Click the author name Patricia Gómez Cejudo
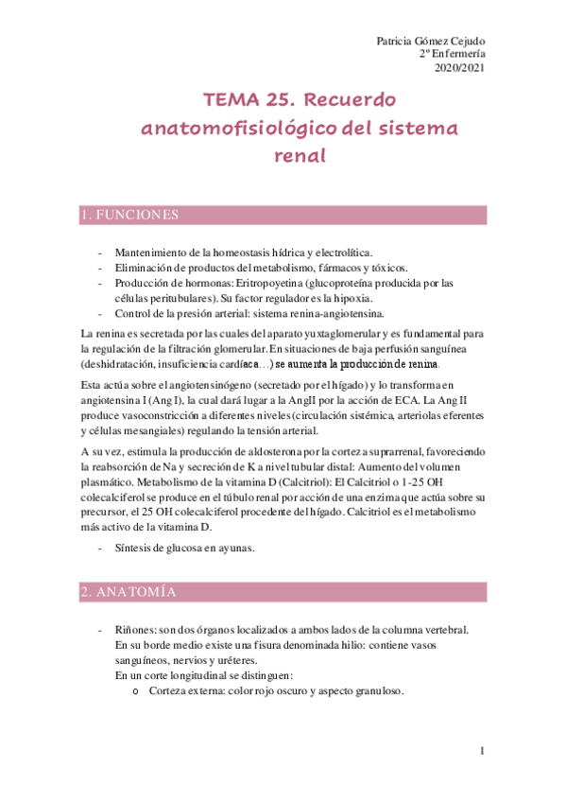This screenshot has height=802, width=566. pyautogui.click(x=431, y=41)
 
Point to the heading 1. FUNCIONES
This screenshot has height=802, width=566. pyautogui.click(x=129, y=216)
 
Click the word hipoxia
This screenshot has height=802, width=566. pyautogui.click(x=359, y=298)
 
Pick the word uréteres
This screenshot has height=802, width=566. pyautogui.click(x=232, y=660)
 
